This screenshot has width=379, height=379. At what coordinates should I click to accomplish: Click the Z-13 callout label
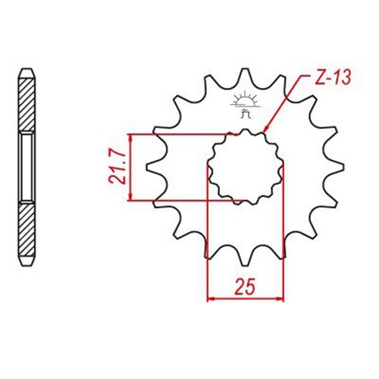point(334,77)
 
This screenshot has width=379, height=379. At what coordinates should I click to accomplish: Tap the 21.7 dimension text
point(117,168)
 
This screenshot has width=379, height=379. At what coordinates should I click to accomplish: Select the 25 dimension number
point(244,287)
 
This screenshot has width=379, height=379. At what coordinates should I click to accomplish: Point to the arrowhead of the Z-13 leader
point(265,129)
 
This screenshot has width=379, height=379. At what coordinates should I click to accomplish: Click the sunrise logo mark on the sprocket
point(245,101)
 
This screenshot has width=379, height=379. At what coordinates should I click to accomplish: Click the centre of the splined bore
point(245,167)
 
